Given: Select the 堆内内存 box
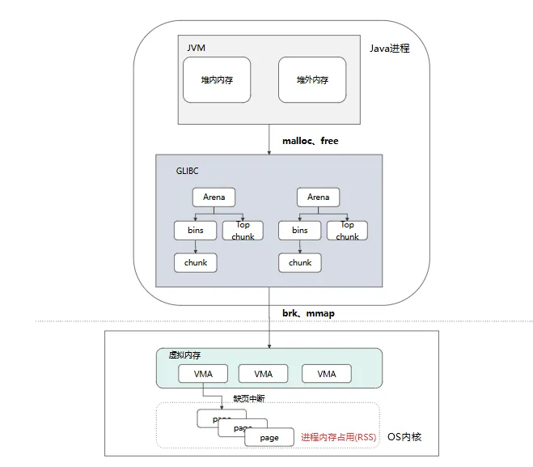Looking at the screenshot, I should tap(216, 80).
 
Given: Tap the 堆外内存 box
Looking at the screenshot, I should tap(311, 80).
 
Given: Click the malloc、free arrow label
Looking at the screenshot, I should tap(310, 141).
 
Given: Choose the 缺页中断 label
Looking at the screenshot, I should tap(249, 398).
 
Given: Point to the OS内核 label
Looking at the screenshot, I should tap(404, 437).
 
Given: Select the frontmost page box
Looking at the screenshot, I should tap(269, 438).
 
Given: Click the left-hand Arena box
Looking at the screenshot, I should tap(214, 197).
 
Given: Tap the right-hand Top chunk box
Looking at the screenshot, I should tap(347, 231).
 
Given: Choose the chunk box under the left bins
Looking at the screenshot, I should tap(196, 262).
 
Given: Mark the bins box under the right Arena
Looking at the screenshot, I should tap(300, 231).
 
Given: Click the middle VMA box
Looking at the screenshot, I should tap(264, 374).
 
